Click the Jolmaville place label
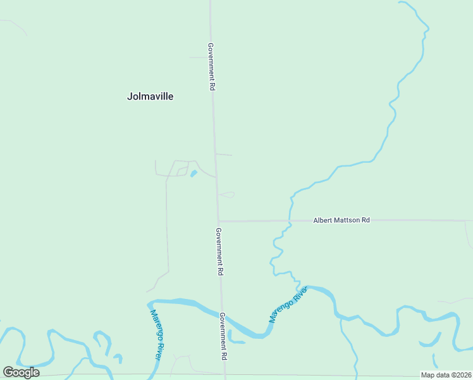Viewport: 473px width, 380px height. (150, 97)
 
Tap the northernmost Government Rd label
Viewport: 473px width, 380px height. (211, 66)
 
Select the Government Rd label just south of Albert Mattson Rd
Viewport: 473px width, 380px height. (219, 251)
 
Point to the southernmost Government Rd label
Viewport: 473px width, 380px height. (223, 336)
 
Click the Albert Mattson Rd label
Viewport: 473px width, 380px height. (341, 220)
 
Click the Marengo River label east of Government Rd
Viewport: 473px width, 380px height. (288, 304)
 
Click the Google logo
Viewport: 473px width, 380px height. (21, 372)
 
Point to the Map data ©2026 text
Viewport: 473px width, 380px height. (446, 375)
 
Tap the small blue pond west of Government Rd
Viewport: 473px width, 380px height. (193, 173)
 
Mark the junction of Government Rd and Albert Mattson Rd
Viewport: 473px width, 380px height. (218, 221)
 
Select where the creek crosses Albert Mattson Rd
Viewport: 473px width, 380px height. (290, 220)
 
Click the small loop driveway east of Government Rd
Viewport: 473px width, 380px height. (227, 194)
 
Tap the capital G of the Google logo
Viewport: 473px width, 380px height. (8, 372)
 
